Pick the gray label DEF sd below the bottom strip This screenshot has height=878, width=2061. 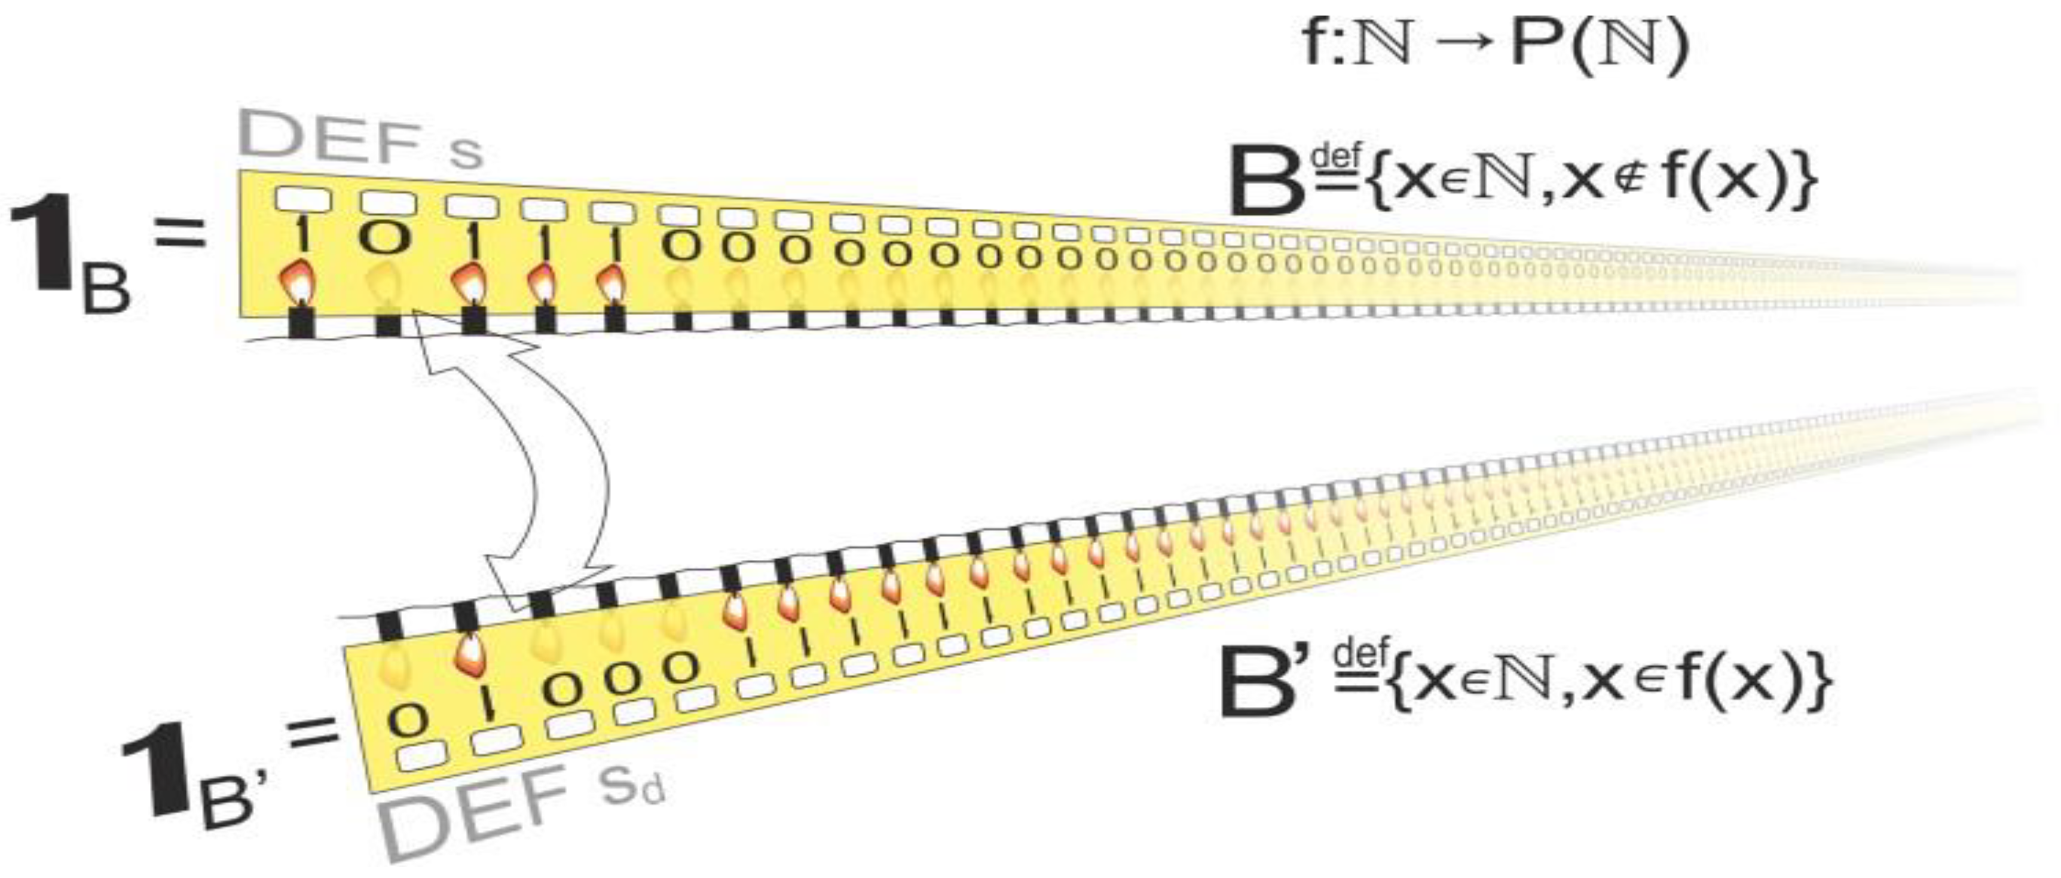(520, 816)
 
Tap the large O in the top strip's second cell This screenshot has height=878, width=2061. (386, 237)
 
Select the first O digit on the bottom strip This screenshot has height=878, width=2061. (409, 720)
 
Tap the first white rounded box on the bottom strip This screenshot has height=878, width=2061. (421, 755)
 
